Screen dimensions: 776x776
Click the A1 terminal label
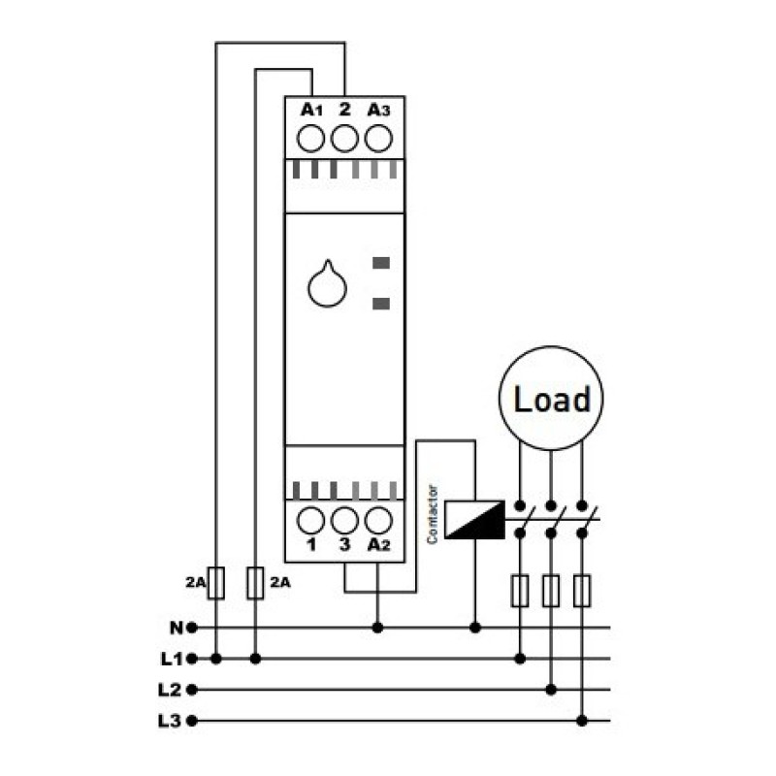(x=311, y=110)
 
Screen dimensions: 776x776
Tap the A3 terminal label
(x=378, y=110)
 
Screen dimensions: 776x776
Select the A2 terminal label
(x=378, y=545)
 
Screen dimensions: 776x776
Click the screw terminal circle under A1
(x=310, y=138)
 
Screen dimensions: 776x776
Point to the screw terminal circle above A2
(x=378, y=521)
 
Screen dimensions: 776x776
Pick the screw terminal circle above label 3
(x=344, y=521)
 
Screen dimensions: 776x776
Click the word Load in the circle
(x=552, y=399)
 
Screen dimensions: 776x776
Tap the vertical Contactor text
(x=433, y=515)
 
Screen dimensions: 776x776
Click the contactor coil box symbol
(x=474, y=520)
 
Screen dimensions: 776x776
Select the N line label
(x=177, y=628)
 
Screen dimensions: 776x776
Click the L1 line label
(x=172, y=659)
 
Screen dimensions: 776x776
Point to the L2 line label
(x=171, y=690)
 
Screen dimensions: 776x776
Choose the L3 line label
(x=171, y=721)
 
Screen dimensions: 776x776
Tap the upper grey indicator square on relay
(x=381, y=263)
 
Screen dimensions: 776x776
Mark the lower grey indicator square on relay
(x=381, y=304)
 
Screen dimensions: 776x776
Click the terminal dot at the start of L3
(x=192, y=721)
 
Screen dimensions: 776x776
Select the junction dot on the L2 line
(x=551, y=690)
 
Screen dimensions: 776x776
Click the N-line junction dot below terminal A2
(x=377, y=628)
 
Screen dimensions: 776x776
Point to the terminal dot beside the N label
(x=192, y=628)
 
